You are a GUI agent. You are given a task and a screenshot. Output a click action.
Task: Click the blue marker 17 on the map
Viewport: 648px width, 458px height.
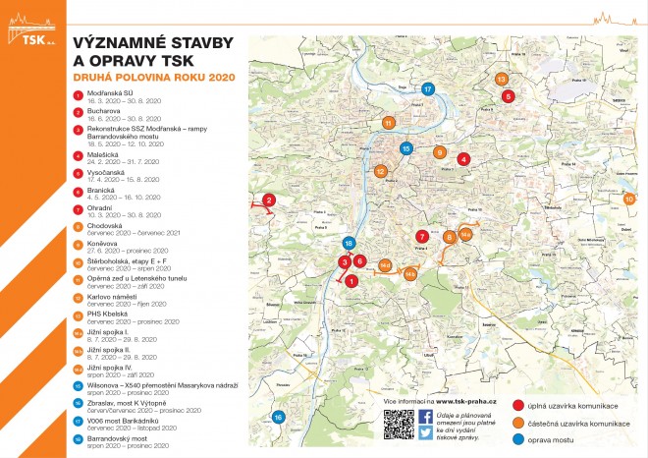428,88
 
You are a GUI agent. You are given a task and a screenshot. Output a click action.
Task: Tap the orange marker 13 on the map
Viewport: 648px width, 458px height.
501,78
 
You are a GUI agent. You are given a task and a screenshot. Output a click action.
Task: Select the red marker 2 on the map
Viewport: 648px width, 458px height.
268,201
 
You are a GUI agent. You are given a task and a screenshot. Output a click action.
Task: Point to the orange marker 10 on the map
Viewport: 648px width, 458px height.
629,199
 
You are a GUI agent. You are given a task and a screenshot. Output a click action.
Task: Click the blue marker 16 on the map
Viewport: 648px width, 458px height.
278,418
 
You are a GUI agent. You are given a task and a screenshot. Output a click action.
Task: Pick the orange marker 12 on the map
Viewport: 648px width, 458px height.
380,171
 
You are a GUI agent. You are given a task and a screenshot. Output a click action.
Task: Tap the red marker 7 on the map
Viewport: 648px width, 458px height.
421,237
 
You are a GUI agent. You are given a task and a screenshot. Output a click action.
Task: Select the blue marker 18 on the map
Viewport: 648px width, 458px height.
348,243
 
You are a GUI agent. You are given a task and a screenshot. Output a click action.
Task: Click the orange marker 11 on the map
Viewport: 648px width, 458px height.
389,123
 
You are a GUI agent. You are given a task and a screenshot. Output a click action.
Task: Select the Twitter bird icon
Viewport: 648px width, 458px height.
426,433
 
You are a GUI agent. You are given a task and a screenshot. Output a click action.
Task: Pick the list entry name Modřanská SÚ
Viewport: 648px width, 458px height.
108,93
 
